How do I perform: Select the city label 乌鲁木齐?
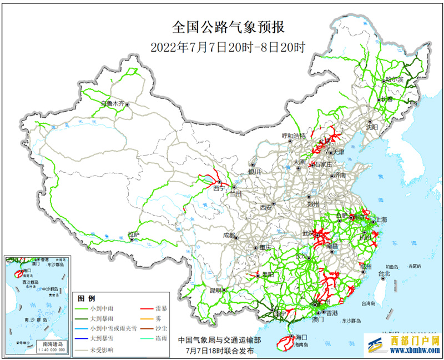[113, 103]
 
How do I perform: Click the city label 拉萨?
[133, 234]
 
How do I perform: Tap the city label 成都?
[229, 235]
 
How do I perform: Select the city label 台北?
[384, 273]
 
